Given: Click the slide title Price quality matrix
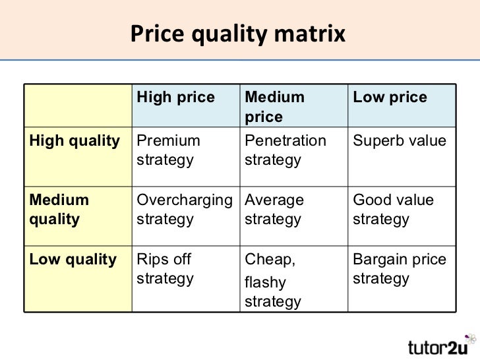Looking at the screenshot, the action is (238, 34).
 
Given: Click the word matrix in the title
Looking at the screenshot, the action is (310, 34).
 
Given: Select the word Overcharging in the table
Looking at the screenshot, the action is (185, 201).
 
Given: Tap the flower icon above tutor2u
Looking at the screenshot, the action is (471, 339).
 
